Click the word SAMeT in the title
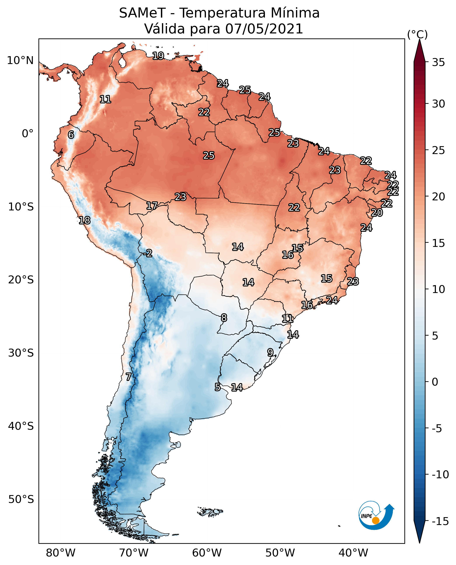click(142, 13)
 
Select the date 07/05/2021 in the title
click(264, 29)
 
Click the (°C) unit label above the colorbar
click(417, 34)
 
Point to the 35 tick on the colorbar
click(438, 62)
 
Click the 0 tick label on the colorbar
click(435, 382)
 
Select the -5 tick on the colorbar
click(437, 428)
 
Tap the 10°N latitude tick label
click(20, 61)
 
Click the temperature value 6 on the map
click(71, 135)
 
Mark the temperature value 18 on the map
click(85, 220)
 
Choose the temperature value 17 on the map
click(152, 206)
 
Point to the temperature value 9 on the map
click(270, 352)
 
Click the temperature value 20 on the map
click(377, 213)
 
